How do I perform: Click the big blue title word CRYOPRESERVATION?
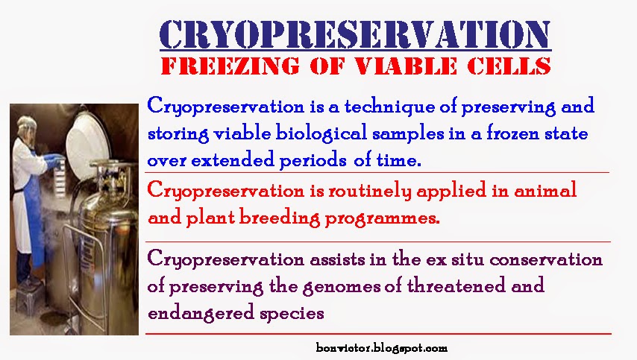[x=355, y=34]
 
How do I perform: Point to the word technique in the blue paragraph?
[x=389, y=107]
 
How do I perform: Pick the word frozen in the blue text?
[x=513, y=133]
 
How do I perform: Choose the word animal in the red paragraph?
[x=545, y=190]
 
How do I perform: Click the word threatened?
[x=456, y=285]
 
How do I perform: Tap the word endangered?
[x=201, y=314]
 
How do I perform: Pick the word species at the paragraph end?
[x=292, y=314]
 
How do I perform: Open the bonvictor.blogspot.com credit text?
[x=381, y=348]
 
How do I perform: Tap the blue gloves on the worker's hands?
[x=53, y=160]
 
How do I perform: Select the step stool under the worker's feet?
[x=29, y=297]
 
